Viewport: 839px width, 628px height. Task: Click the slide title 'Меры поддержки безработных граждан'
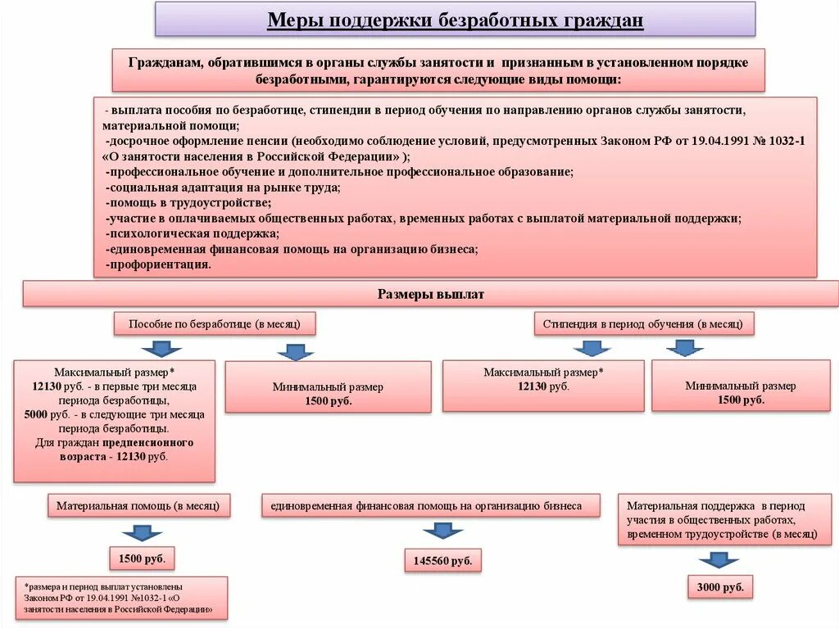tap(455, 19)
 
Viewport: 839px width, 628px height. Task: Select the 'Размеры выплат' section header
tap(431, 294)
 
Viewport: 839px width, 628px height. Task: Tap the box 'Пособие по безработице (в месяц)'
tap(215, 324)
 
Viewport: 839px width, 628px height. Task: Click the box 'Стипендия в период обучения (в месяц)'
tap(644, 324)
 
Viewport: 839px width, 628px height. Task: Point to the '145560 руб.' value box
tap(443, 561)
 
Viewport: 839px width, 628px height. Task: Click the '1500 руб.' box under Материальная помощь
tap(143, 558)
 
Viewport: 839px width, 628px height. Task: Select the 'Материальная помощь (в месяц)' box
tap(138, 506)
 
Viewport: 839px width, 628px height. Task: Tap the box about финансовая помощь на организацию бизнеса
tap(431, 506)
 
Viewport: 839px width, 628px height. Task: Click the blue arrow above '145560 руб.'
tap(443, 531)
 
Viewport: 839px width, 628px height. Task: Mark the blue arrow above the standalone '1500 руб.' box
tap(143, 532)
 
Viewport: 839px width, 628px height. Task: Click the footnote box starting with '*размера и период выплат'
tap(121, 599)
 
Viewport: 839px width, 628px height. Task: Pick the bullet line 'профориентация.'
tap(159, 264)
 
